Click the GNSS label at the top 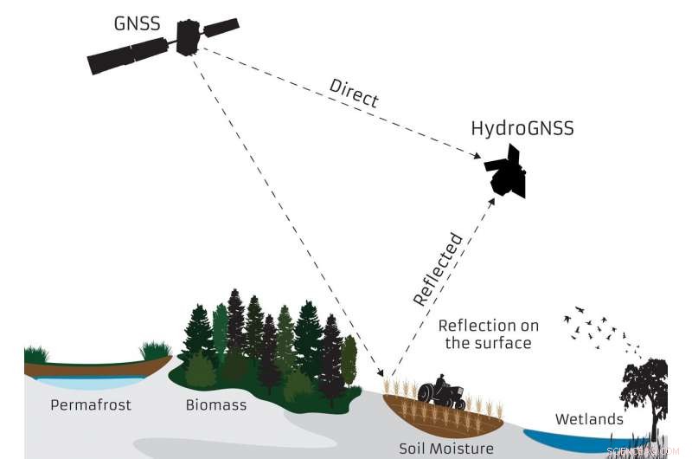tap(136, 23)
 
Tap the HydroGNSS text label tap(522, 129)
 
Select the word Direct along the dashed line tap(354, 93)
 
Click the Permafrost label tap(91, 404)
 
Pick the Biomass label tap(216, 404)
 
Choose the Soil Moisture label tap(446, 449)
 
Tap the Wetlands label tap(590, 419)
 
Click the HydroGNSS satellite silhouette tap(507, 171)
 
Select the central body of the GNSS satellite tap(188, 38)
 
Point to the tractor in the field tap(442, 391)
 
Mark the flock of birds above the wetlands tap(597, 330)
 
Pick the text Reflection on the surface tap(488, 334)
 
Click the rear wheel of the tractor tap(431, 396)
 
